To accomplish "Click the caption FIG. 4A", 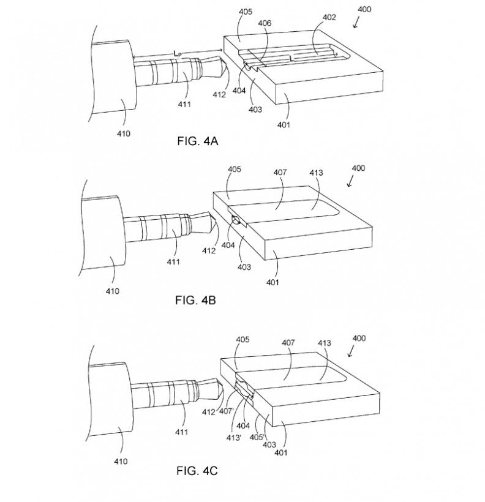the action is click(197, 141).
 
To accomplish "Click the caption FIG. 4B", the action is click(195, 300).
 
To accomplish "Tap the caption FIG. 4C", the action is click(197, 471).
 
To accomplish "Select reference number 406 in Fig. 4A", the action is click(265, 23).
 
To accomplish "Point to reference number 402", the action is click(329, 17).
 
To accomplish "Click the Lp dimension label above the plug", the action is click(177, 53).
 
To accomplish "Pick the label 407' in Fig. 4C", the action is click(226, 411).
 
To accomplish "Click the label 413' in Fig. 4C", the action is click(233, 437).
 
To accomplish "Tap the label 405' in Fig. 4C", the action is click(257, 436).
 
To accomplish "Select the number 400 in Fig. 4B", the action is click(358, 168).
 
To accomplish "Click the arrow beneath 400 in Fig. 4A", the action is click(356, 23).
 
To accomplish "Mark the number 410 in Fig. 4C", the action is click(121, 462).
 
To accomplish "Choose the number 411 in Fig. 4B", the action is click(173, 261).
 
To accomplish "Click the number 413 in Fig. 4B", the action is click(316, 173).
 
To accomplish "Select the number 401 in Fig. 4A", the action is click(284, 124).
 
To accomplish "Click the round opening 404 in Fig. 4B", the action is click(236, 220).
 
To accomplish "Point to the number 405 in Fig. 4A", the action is click(246, 12).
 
